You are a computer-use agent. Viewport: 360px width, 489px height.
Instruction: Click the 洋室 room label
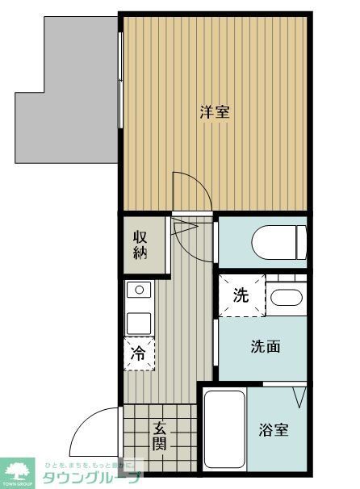(x=215, y=112)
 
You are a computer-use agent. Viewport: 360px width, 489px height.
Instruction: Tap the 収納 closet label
(x=142, y=245)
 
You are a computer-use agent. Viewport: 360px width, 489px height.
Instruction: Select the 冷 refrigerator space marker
(x=139, y=353)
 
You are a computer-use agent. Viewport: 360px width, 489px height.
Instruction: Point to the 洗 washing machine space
(x=241, y=295)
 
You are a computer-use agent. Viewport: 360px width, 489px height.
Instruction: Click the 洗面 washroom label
(x=265, y=347)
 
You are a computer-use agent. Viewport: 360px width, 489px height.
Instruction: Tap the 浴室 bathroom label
(x=274, y=430)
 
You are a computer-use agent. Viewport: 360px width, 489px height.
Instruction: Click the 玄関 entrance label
(x=160, y=437)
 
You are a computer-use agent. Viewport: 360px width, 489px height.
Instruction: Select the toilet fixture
(x=278, y=240)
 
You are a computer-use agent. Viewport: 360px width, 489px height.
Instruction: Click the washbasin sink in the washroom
(x=285, y=296)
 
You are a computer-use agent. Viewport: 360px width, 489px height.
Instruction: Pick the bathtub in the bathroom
(x=224, y=430)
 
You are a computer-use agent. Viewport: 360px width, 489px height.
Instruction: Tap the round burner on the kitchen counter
(x=139, y=289)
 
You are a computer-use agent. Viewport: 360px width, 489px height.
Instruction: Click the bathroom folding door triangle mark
(x=300, y=397)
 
